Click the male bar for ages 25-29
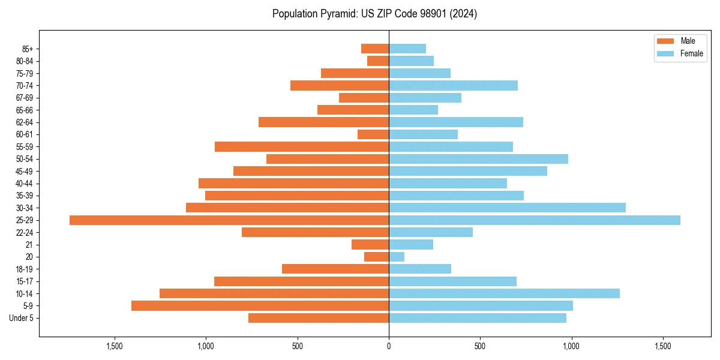[229, 220]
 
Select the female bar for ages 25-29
[535, 220]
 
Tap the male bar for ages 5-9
[260, 306]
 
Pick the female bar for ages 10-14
[504, 293]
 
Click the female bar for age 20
[397, 257]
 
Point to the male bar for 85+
[375, 49]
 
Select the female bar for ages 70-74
[453, 85]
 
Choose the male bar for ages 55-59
[302, 146]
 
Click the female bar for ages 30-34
[507, 208]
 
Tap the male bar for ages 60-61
[373, 134]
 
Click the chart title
[374, 14]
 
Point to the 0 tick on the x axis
[389, 346]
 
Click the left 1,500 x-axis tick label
[115, 346]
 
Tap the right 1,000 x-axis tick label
[572, 346]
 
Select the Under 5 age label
[21, 318]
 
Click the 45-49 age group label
[25, 171]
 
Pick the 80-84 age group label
[25, 61]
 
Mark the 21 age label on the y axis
[29, 245]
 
